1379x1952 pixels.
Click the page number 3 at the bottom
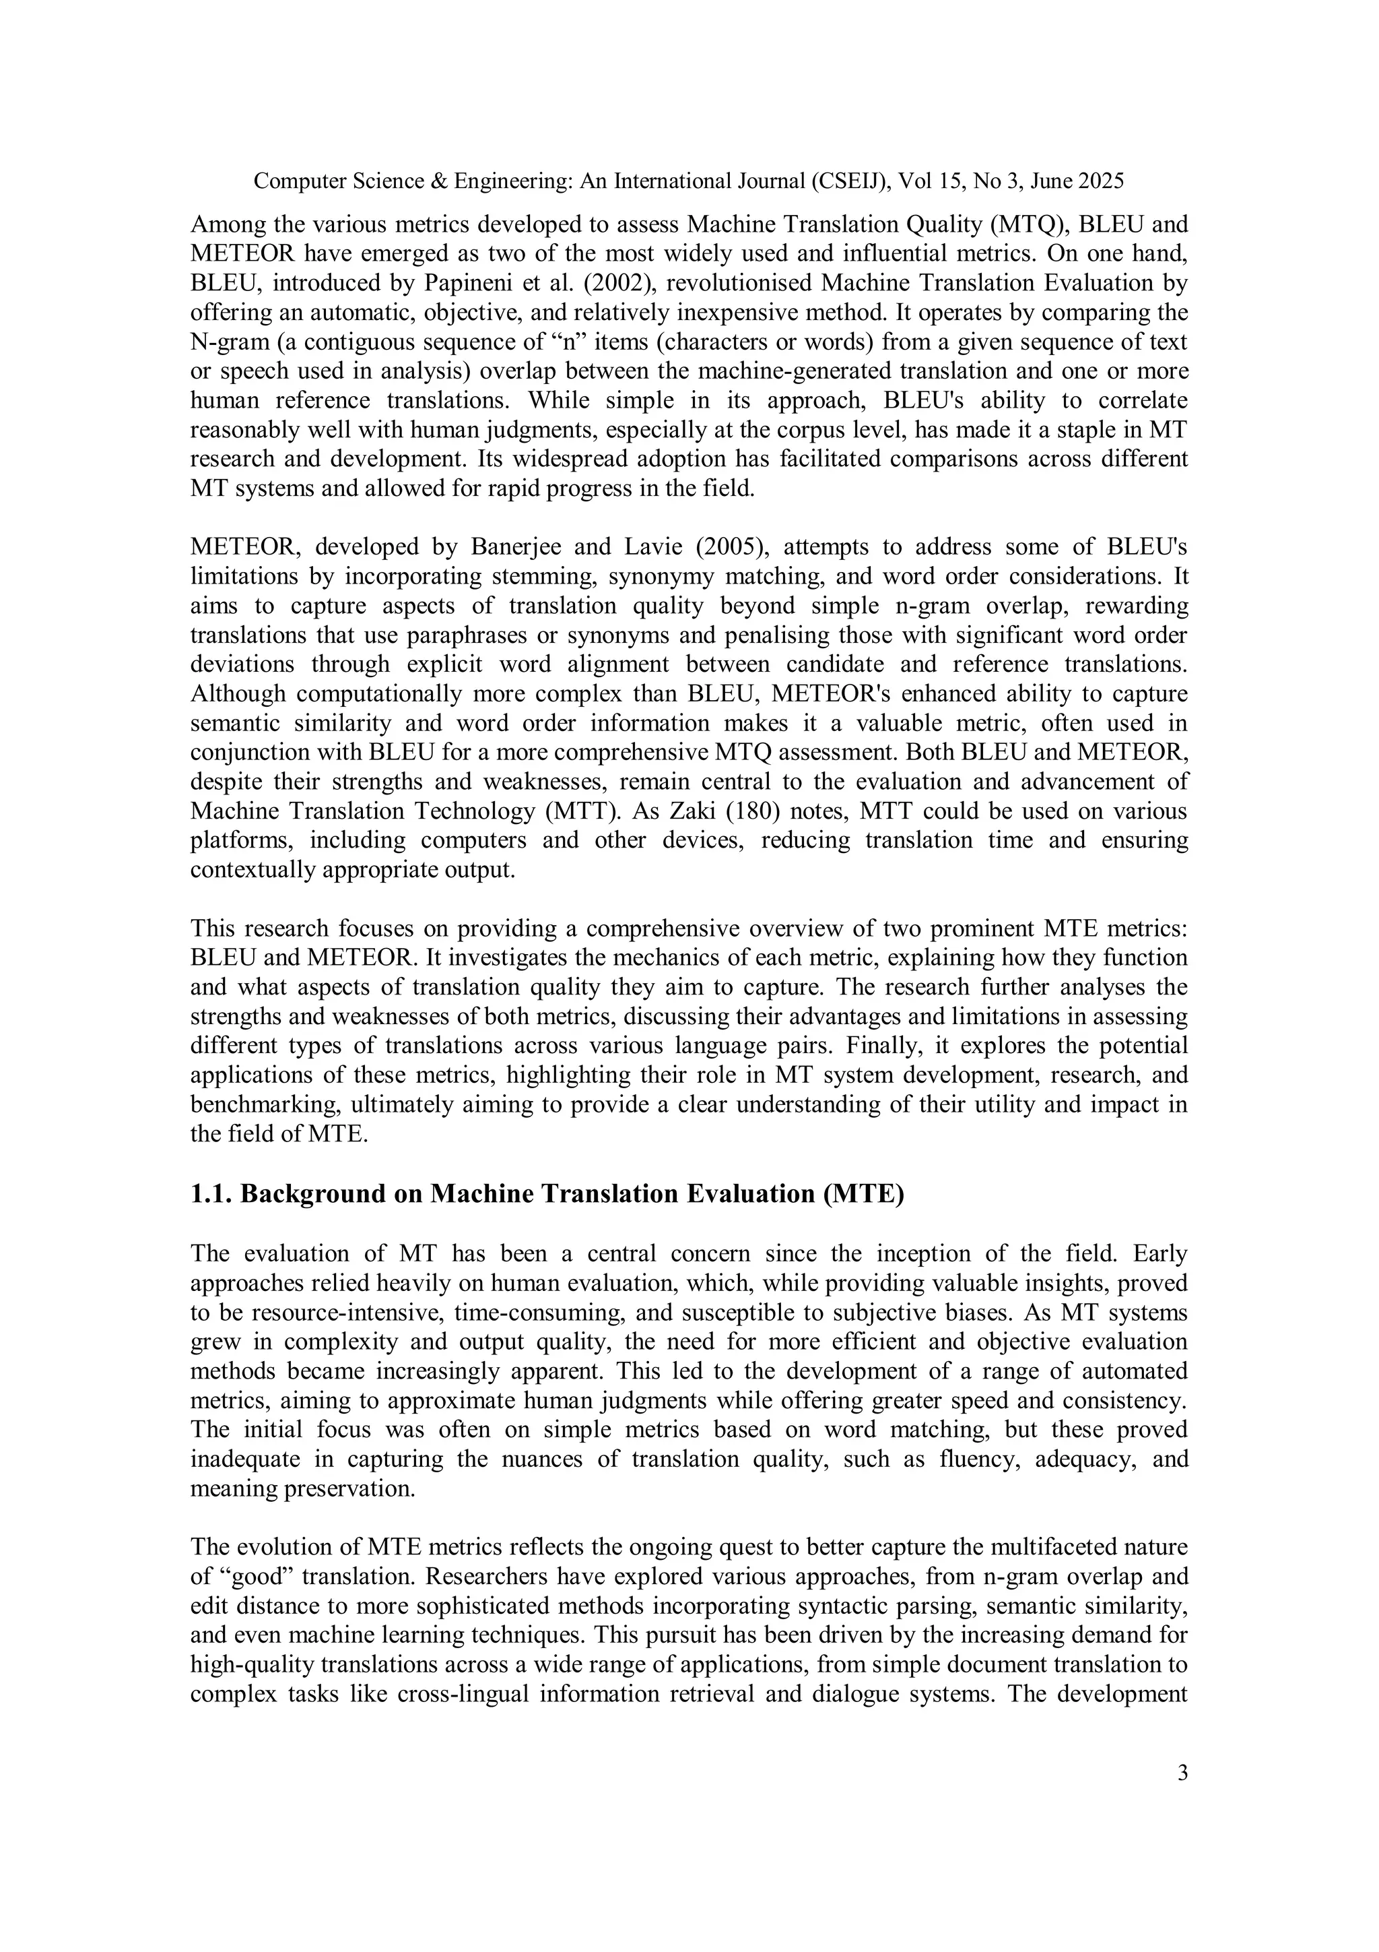tap(1182, 1773)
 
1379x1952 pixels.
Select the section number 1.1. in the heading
tap(211, 1194)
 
